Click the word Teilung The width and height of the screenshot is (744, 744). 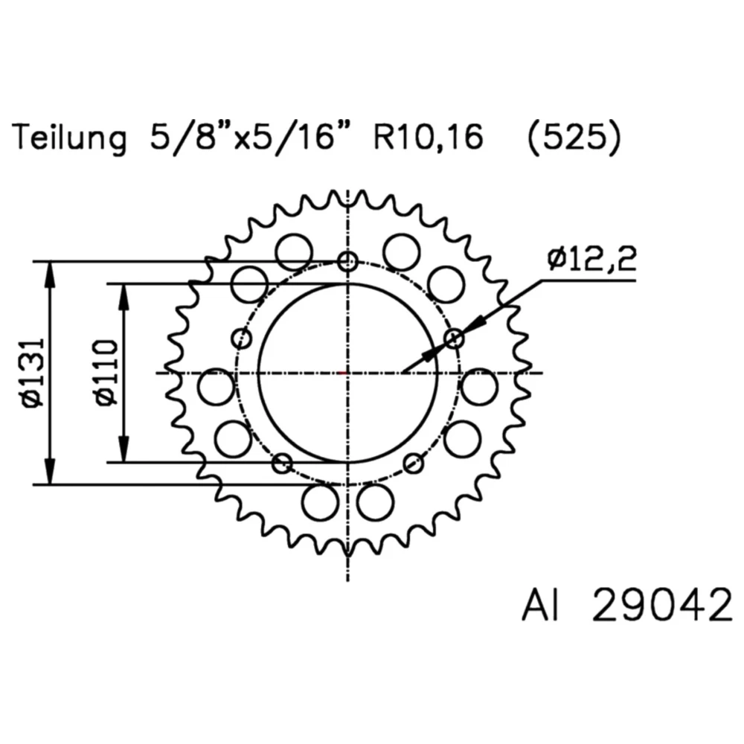pos(68,138)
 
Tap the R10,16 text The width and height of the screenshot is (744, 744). pos(423,138)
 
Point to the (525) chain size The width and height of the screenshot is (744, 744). pos(571,138)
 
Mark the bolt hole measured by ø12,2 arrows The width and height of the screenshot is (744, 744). pos(455,339)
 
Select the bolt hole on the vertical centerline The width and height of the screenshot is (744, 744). pos(347,261)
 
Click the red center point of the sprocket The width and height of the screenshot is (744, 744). pos(342,373)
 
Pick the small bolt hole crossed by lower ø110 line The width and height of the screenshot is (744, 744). pos(282,464)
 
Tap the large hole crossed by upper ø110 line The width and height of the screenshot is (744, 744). pos(249,284)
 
